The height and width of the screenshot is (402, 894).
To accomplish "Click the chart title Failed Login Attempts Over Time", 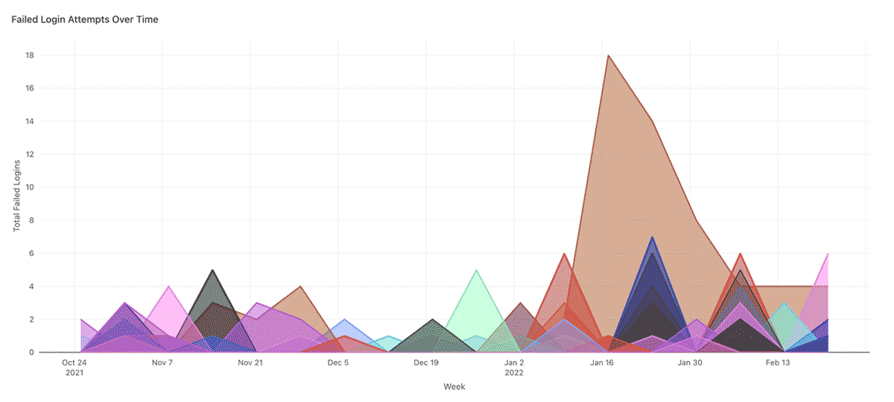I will [85, 19].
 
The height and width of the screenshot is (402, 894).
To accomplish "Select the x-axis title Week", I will [454, 386].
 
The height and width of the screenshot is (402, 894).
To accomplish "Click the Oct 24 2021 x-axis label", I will [74, 367].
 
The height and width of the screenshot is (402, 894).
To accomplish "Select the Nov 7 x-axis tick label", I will [162, 363].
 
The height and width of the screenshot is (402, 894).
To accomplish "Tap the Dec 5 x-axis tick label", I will [337, 363].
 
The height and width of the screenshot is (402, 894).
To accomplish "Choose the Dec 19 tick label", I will [426, 363].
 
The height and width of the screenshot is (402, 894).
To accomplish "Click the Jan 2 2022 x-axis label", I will [514, 367].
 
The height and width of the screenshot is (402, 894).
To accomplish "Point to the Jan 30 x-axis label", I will [690, 363].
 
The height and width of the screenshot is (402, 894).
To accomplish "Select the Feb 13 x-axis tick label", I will [778, 363].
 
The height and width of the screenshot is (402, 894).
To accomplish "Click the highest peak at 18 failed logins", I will [609, 55].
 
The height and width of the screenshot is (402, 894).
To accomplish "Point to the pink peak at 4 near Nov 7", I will [168, 286].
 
